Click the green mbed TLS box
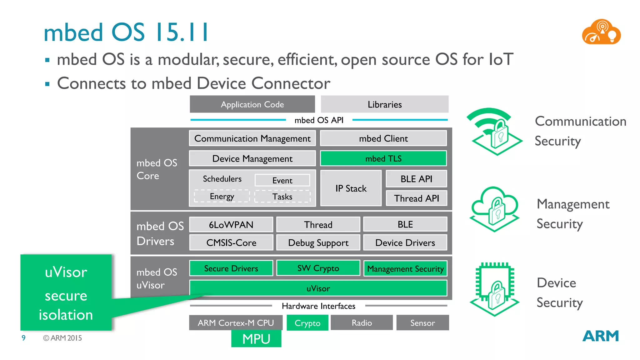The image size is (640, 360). click(383, 158)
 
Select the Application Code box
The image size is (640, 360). click(252, 104)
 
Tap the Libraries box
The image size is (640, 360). click(385, 104)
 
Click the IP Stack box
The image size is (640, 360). click(351, 188)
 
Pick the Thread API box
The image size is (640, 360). click(416, 198)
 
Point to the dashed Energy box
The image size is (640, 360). click(222, 196)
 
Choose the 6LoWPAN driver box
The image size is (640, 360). click(231, 224)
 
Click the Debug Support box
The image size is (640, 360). click(318, 242)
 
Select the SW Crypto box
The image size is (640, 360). click(318, 268)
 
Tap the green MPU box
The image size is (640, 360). click(256, 339)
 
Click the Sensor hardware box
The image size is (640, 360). click(422, 322)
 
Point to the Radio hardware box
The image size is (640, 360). click(362, 322)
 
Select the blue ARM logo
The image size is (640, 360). click(600, 336)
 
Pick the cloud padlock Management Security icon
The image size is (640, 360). click(494, 209)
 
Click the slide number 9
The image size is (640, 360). click(23, 338)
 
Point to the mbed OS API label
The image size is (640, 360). click(319, 120)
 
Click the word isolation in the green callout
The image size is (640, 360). click(66, 314)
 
